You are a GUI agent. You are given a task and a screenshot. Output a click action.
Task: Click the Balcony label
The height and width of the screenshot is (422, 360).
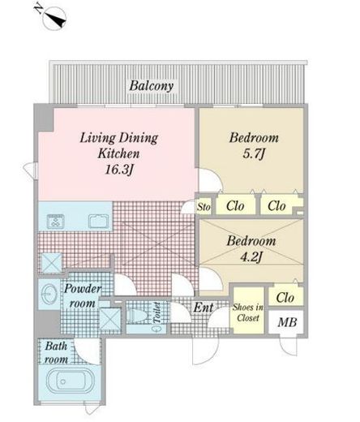(152, 86)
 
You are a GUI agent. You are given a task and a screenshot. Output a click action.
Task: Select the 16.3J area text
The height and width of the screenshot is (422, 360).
(119, 170)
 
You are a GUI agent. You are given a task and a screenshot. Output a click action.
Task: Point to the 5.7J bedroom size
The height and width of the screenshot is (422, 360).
(254, 153)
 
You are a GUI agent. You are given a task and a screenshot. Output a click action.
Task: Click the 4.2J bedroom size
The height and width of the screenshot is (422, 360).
(251, 256)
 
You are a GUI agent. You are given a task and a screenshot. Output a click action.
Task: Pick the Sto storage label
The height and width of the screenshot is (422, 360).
(204, 207)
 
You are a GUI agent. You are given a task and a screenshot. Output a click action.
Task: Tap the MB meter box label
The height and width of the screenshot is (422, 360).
(287, 322)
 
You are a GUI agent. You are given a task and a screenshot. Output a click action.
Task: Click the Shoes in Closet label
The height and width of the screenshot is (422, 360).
(248, 312)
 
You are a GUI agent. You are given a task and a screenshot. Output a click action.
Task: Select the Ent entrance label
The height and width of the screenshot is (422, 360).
(204, 308)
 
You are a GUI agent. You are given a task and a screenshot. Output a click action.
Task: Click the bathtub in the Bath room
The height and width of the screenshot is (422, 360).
(70, 381)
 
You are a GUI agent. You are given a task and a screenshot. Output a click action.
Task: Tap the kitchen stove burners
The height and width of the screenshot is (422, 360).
(56, 222)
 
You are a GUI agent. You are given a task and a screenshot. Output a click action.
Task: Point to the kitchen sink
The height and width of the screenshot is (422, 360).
(99, 221)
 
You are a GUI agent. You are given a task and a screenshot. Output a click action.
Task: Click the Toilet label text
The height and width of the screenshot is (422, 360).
(156, 312)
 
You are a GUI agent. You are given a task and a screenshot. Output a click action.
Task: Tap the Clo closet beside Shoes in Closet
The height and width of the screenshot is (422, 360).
(285, 298)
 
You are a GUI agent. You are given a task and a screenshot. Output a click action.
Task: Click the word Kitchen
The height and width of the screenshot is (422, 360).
(118, 153)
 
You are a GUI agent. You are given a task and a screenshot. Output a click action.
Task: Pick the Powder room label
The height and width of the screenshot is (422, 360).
(83, 295)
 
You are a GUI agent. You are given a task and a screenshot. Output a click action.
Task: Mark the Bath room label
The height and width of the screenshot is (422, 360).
(56, 353)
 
